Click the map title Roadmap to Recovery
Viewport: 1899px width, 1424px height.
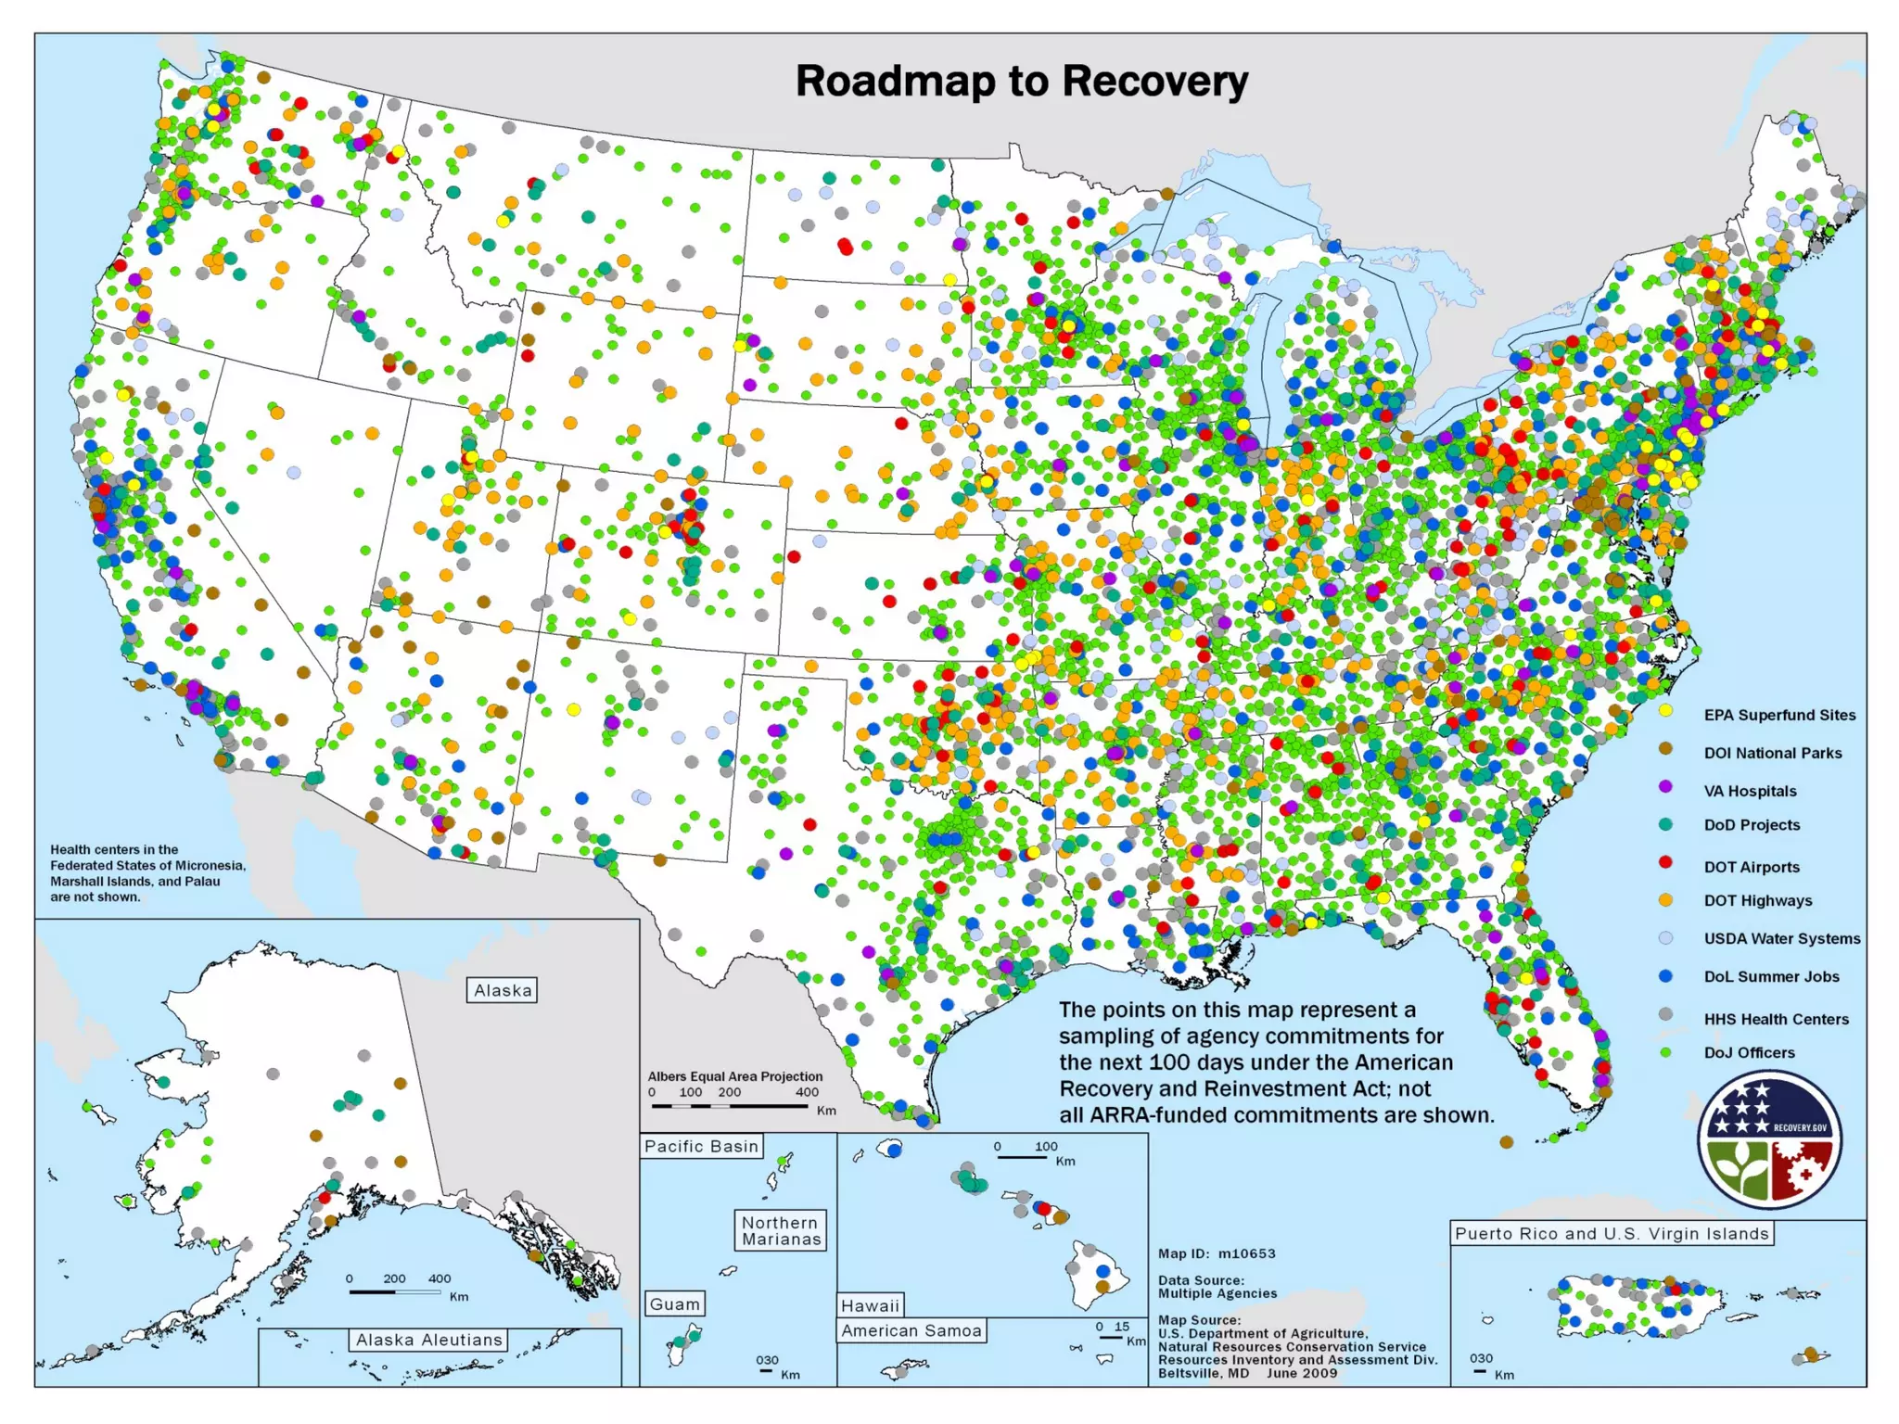tap(1021, 82)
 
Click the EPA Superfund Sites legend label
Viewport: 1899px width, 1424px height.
tap(1779, 715)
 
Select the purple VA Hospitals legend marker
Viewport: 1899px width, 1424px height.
tap(1665, 787)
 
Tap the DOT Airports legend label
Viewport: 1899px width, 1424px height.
tap(1751, 867)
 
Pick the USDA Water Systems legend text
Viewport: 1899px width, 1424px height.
tap(1781, 938)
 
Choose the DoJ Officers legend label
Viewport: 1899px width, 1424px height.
tap(1749, 1052)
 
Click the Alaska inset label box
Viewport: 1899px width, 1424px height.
tap(503, 990)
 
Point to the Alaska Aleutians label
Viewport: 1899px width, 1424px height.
tap(428, 1340)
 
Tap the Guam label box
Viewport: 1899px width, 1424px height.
tap(674, 1304)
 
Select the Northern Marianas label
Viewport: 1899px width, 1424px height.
tap(781, 1231)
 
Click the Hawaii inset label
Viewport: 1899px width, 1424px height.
tap(870, 1305)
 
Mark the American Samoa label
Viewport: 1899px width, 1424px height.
tap(911, 1330)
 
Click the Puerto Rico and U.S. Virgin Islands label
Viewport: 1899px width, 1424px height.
tap(1612, 1233)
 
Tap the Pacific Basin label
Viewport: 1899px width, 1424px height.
tap(701, 1146)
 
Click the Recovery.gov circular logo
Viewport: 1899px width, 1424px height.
tap(1769, 1139)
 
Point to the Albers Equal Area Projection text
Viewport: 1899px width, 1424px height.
tap(734, 1076)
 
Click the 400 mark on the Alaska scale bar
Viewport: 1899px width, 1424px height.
tap(439, 1278)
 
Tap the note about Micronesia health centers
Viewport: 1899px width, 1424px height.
tap(147, 872)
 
